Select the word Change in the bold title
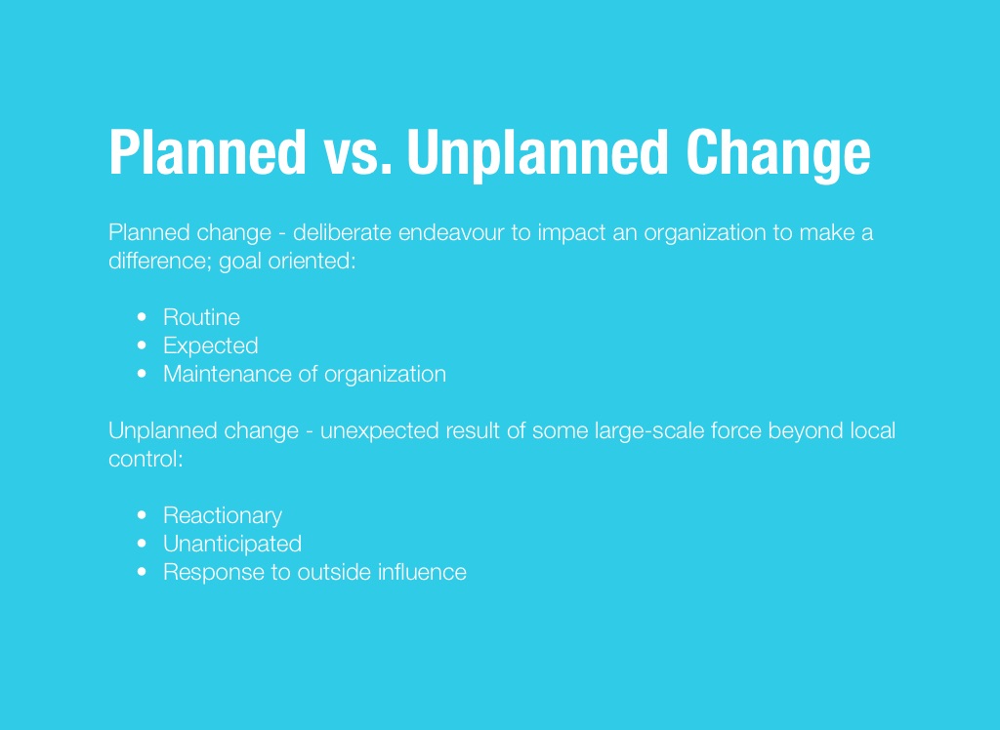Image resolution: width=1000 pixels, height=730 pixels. (778, 153)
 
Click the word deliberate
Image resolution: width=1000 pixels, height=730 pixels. (342, 232)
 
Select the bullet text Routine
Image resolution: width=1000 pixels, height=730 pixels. (201, 317)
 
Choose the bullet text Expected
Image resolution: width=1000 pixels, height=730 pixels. (211, 345)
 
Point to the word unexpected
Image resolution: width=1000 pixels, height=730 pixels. (379, 431)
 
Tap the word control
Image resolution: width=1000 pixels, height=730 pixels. (146, 459)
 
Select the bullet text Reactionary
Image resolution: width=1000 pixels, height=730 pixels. (223, 515)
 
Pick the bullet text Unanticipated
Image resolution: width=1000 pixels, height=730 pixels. (232, 544)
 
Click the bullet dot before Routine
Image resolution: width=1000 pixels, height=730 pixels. (142, 317)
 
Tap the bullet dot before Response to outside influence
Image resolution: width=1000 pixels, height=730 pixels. (142, 572)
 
